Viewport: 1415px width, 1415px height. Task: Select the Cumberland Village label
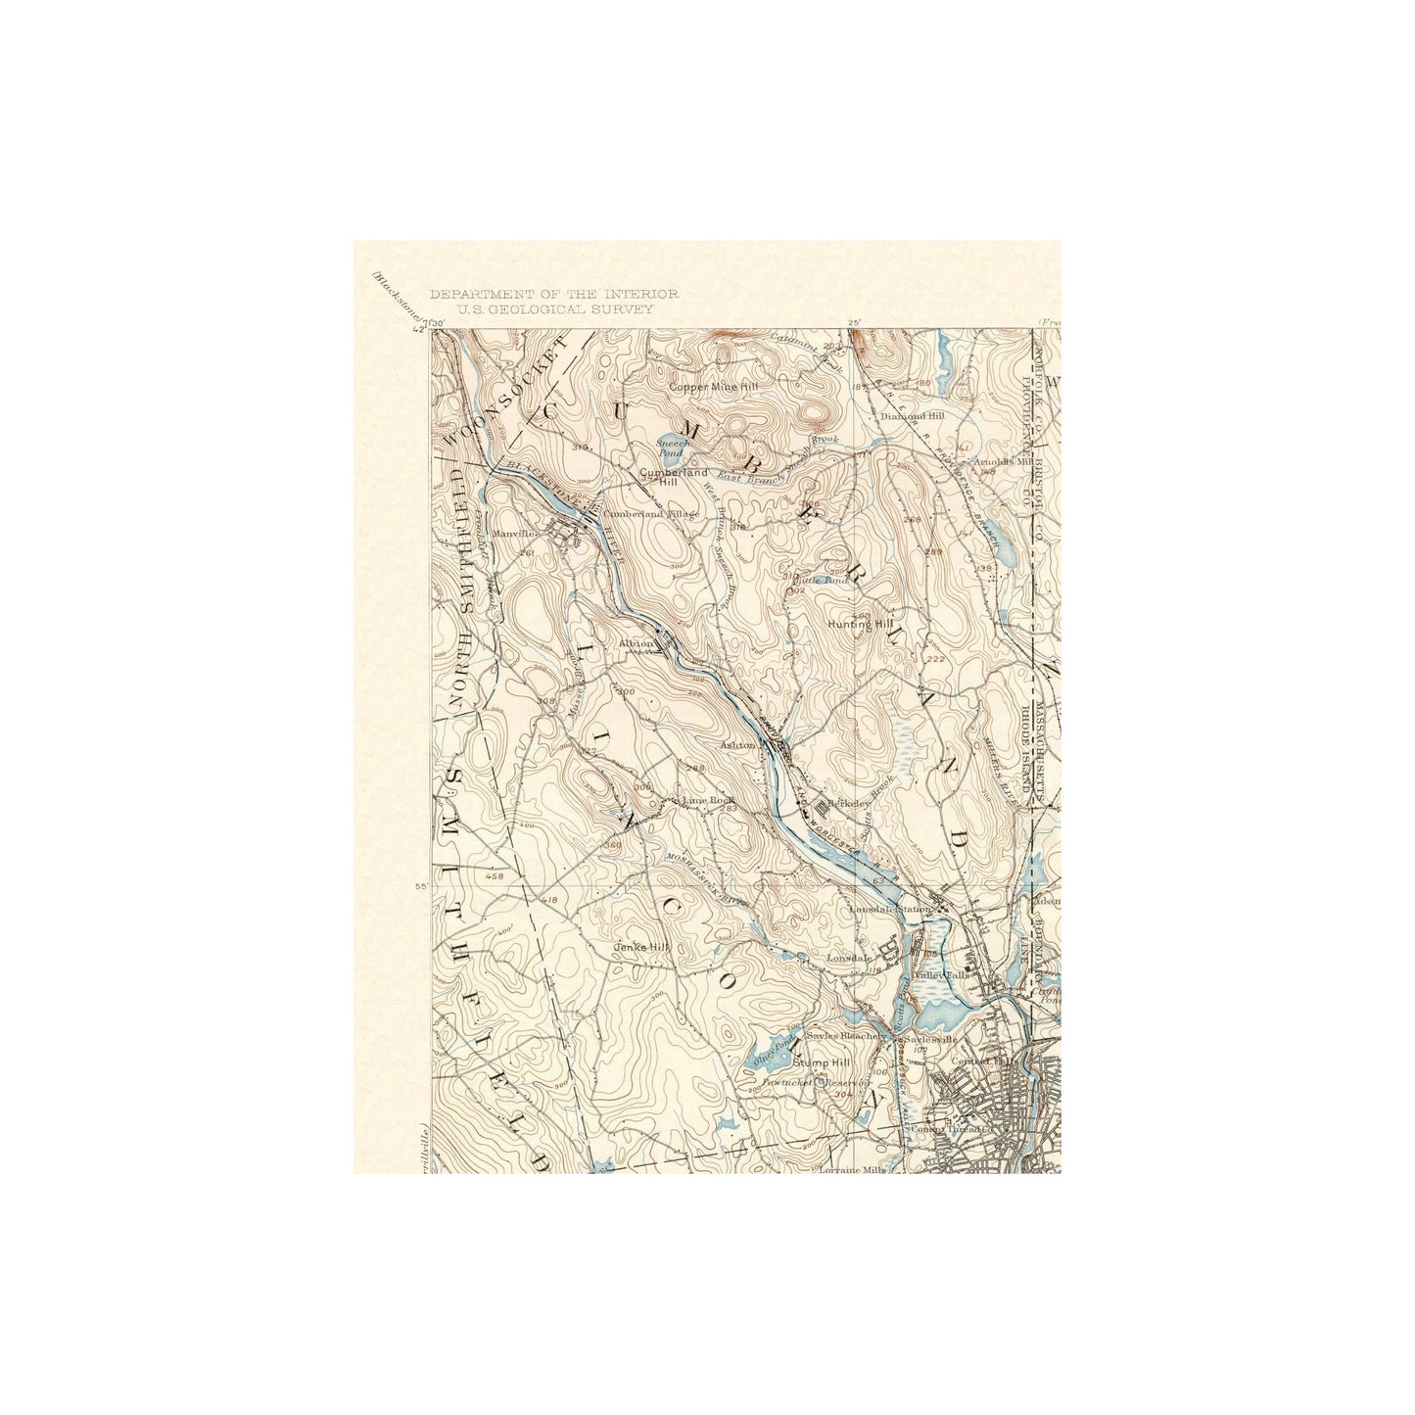[x=651, y=513]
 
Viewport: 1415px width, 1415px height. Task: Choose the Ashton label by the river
[x=737, y=745]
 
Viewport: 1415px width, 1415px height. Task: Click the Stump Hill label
[x=822, y=1062]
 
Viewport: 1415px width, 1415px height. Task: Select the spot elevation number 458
[x=494, y=876]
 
